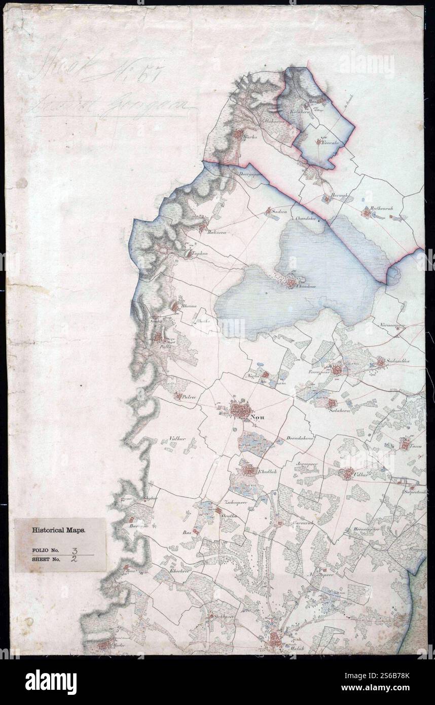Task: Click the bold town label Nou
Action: (257, 418)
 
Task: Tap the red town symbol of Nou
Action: (238, 409)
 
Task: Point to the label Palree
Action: (189, 399)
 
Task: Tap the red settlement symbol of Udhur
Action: (347, 474)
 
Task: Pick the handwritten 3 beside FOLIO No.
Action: (75, 549)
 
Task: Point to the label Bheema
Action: (188, 306)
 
